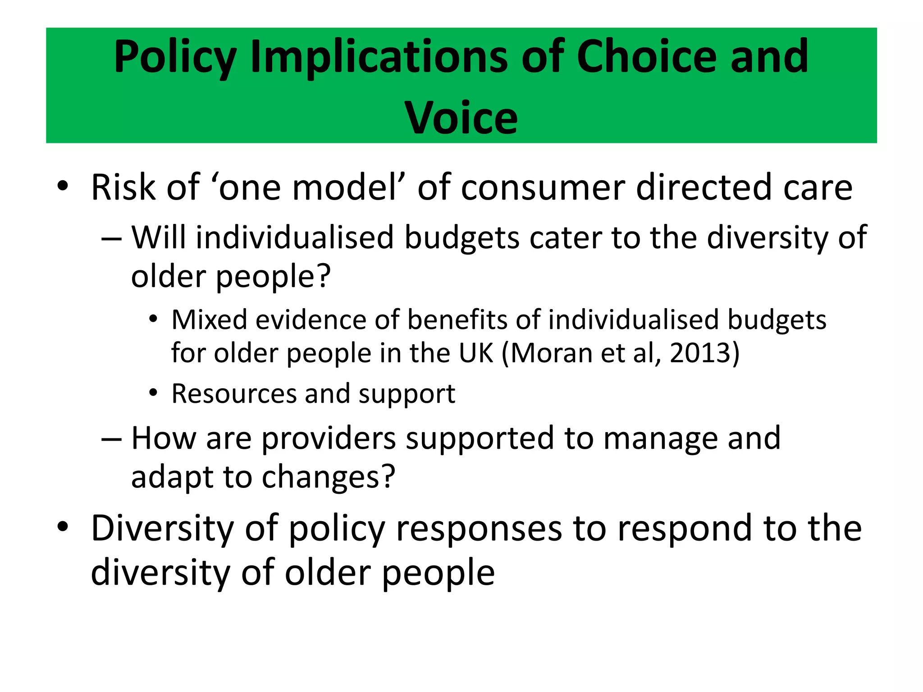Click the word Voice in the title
pyautogui.click(x=461, y=118)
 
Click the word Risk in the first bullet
pyautogui.click(x=123, y=187)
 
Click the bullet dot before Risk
pyautogui.click(x=63, y=186)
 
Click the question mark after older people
pyautogui.click(x=324, y=276)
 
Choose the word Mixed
pyautogui.click(x=210, y=320)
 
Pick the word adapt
pyautogui.click(x=171, y=478)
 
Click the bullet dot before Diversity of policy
pyautogui.click(x=63, y=526)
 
